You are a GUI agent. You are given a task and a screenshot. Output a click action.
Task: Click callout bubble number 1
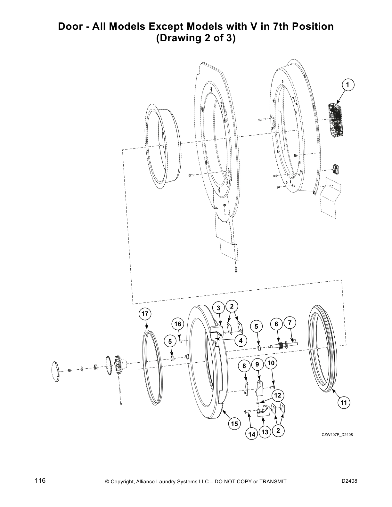tap(348, 84)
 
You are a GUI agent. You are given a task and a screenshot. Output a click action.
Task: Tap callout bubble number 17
tap(145, 314)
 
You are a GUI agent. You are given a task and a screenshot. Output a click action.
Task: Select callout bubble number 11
tap(344, 403)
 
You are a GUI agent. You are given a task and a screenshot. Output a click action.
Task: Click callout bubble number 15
tap(234, 424)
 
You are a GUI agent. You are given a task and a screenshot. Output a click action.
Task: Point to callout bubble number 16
tap(177, 324)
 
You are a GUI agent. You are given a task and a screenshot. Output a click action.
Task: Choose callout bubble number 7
tap(290, 323)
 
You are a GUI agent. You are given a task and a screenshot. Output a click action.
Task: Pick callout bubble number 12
tap(278, 395)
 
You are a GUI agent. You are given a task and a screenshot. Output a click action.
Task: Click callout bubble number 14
tap(252, 434)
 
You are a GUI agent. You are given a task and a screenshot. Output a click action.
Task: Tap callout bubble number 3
tap(218, 308)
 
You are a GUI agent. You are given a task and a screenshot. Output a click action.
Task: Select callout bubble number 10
tap(271, 363)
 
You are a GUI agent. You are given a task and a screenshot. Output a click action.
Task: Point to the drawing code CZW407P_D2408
tap(337, 434)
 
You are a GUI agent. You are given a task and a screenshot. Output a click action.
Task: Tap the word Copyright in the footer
tap(122, 482)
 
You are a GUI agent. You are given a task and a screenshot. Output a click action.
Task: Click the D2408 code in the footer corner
tap(349, 481)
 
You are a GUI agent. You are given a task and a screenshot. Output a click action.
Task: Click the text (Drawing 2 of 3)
tap(196, 38)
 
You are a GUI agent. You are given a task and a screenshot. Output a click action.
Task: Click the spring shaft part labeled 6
tap(279, 345)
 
